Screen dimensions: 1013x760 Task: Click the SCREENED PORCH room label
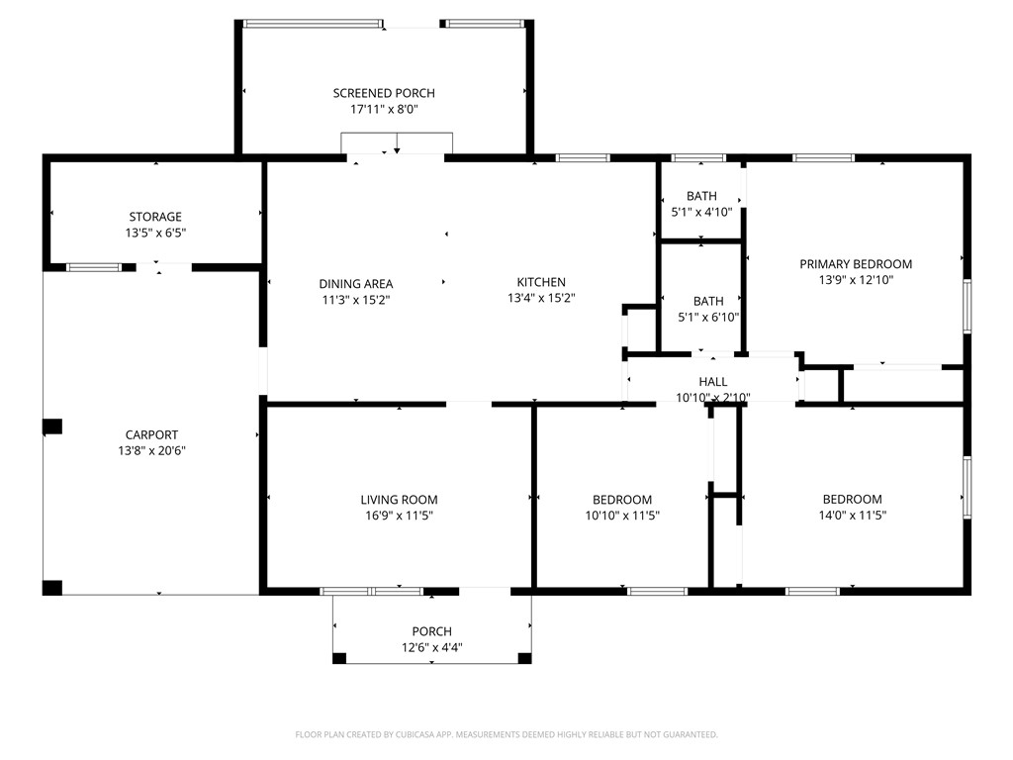(x=384, y=93)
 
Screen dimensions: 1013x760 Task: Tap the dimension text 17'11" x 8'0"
(x=384, y=109)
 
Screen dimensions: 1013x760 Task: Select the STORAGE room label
(x=155, y=217)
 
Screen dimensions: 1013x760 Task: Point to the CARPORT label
(x=151, y=435)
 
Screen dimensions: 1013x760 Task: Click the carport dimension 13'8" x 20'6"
(x=151, y=451)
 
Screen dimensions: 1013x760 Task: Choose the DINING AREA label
(x=356, y=284)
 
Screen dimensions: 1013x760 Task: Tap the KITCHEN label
(x=541, y=282)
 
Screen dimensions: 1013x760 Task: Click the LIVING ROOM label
(x=400, y=500)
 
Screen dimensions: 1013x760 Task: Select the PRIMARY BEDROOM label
(x=856, y=263)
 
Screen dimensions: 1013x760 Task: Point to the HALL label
(x=713, y=382)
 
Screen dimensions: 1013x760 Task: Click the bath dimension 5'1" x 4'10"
(x=701, y=212)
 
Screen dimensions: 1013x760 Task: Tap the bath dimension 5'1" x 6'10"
(x=708, y=318)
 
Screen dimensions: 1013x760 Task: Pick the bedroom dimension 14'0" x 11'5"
(x=852, y=515)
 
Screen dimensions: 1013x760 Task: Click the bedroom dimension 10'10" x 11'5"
(x=622, y=516)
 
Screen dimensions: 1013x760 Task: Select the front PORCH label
(x=432, y=631)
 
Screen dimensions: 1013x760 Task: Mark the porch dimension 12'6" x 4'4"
(x=432, y=647)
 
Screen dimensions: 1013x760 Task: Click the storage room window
(x=94, y=267)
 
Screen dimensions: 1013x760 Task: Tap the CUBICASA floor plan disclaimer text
(x=506, y=735)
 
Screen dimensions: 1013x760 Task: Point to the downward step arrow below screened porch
(x=397, y=142)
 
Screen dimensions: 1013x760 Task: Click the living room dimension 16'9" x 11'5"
(x=400, y=516)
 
